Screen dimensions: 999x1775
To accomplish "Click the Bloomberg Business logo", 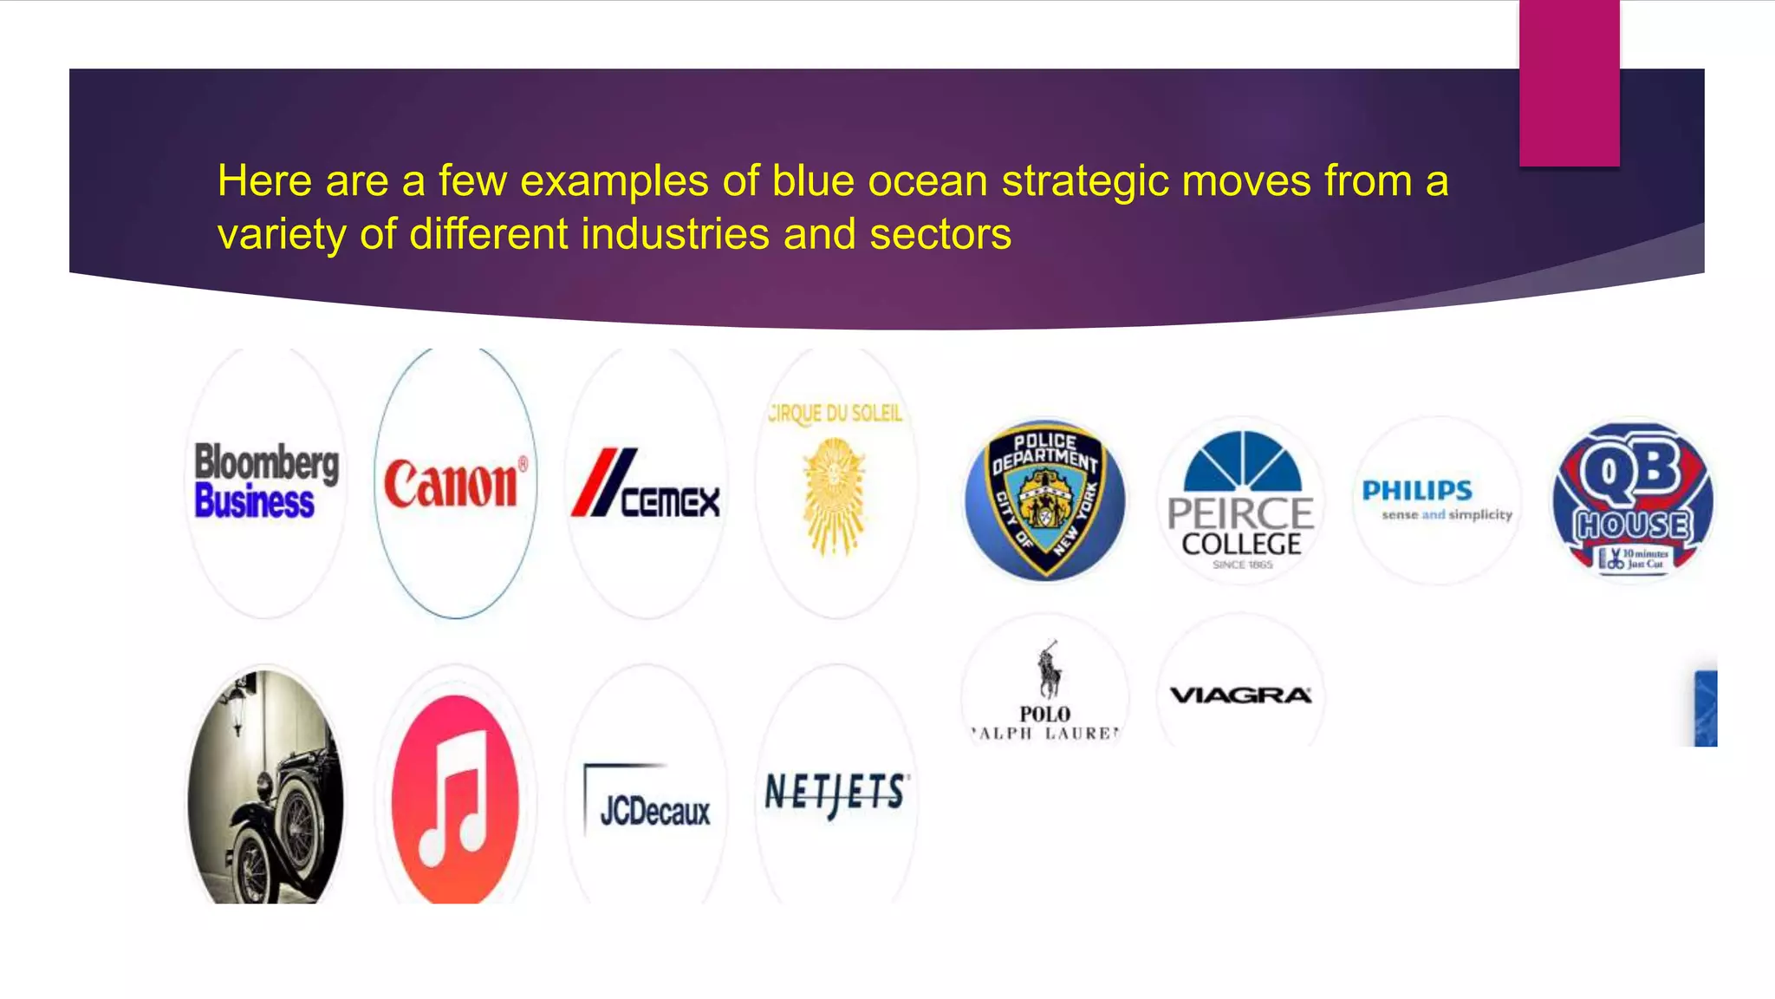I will click(266, 481).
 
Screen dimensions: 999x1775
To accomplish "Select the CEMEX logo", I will click(646, 485).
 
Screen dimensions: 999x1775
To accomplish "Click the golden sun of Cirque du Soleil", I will click(835, 495).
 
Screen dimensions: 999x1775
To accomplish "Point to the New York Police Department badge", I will click(1044, 499).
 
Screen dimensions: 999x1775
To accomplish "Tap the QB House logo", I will click(1633, 499).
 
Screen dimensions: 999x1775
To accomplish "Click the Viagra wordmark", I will click(1241, 695).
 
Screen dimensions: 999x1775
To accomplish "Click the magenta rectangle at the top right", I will click(1569, 82).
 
